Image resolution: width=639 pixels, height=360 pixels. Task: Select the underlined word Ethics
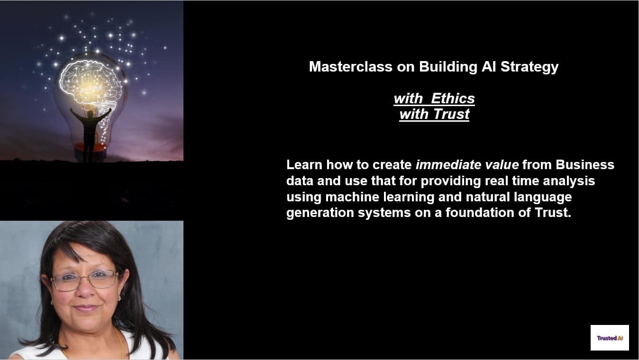pos(453,99)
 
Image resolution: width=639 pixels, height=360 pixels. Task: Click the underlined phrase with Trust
pos(434,114)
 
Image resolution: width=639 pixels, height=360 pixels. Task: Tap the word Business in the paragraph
pos(585,165)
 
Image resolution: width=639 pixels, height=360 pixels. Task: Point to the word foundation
pos(480,213)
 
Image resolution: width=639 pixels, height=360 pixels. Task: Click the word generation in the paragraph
pos(320,213)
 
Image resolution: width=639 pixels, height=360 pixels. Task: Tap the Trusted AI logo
pos(610,338)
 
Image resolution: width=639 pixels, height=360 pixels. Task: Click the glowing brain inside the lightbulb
pos(91,84)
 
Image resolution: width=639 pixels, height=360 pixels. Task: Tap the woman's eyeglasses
pos(85,281)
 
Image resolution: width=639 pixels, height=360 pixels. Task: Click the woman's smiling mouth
pos(86,309)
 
